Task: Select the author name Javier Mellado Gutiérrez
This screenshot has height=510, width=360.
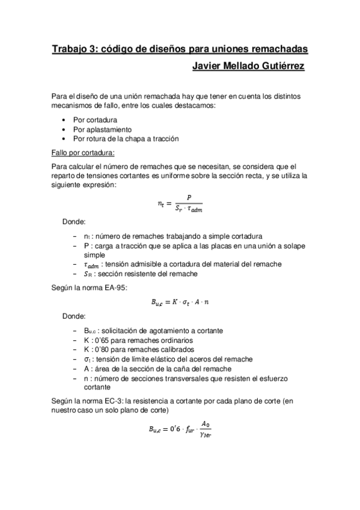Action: pos(247,66)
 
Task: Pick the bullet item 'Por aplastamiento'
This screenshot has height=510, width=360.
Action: pos(102,129)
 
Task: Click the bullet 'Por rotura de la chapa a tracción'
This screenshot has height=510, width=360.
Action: pos(126,138)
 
